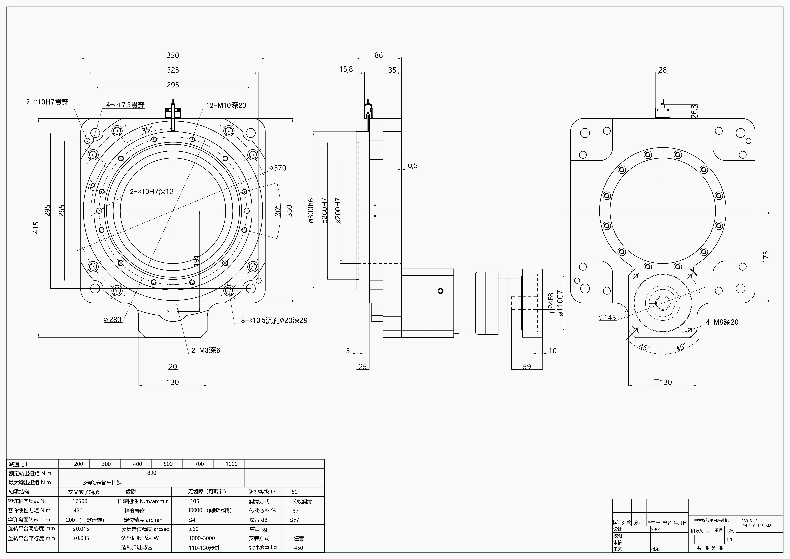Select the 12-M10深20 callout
click(226, 105)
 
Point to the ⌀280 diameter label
click(113, 320)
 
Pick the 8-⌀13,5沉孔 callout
click(274, 320)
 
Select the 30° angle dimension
click(278, 211)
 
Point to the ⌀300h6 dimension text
click(311, 211)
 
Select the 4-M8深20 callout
click(722, 322)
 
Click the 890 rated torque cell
click(152, 473)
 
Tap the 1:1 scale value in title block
click(729, 540)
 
